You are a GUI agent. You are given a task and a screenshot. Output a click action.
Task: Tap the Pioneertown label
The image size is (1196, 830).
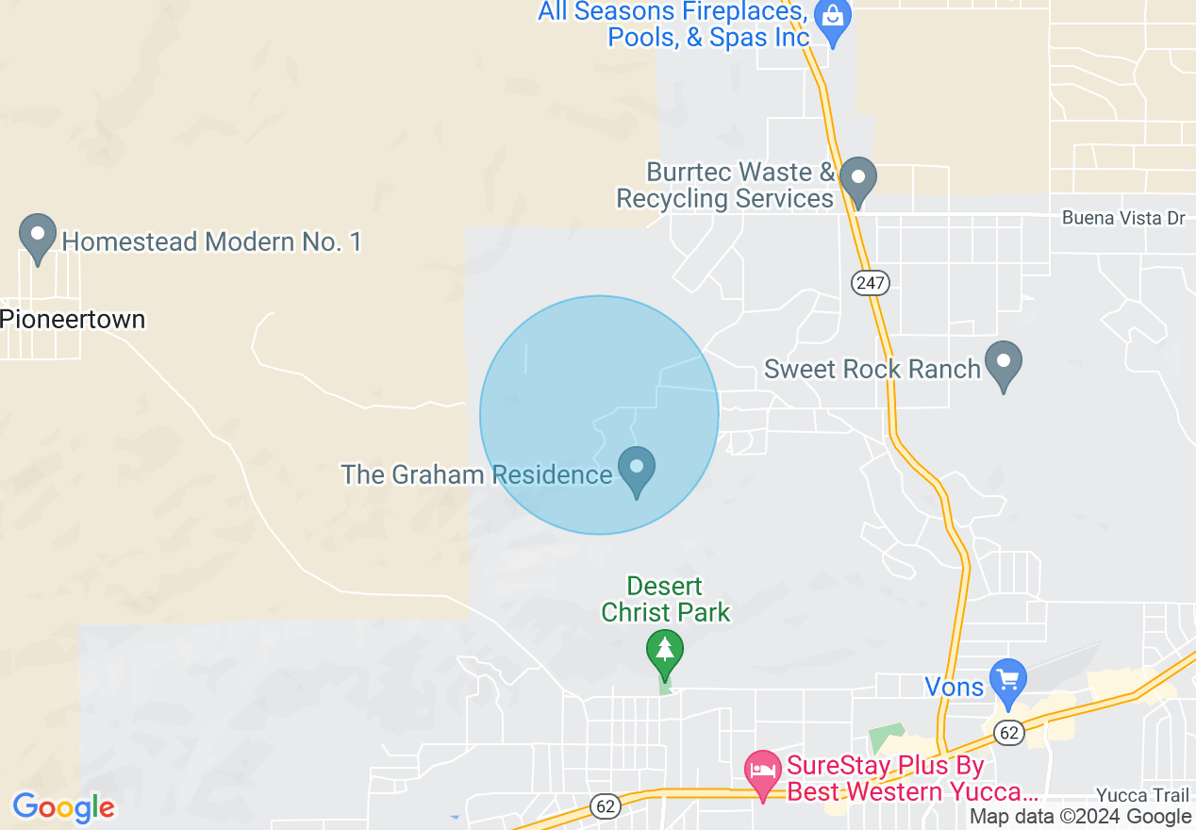[73, 319]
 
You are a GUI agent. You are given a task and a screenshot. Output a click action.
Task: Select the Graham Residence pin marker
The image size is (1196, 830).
[637, 468]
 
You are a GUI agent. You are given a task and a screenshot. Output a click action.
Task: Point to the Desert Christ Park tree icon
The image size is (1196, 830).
[665, 651]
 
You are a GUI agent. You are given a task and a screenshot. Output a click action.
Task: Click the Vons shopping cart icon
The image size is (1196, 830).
[1008, 679]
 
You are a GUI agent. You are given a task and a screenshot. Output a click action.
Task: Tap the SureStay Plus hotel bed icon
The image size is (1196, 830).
[762, 772]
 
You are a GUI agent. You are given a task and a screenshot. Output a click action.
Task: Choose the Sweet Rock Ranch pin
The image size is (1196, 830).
[1003, 362]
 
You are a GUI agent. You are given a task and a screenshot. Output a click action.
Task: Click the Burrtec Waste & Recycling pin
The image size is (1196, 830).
[857, 177]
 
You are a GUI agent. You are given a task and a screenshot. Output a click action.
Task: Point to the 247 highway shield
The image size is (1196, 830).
[870, 282]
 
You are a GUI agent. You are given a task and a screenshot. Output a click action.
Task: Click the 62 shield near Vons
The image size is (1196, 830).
[1008, 732]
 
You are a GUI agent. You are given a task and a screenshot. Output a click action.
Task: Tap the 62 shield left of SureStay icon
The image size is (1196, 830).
[606, 806]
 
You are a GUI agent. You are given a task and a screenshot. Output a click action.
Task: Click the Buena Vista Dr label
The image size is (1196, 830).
[1122, 218]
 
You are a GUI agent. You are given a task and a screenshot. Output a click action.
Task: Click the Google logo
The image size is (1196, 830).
[64, 807]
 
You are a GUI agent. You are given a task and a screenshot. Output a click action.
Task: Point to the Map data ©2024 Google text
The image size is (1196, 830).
[1080, 817]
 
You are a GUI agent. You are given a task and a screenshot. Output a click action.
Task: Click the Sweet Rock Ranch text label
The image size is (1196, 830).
[872, 369]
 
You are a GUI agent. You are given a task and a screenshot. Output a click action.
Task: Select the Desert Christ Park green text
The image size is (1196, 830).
[666, 599]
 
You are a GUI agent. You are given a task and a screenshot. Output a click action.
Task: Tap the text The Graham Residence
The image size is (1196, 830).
[476, 473]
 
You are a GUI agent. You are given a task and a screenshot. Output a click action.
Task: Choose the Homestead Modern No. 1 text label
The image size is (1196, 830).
[211, 242]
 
